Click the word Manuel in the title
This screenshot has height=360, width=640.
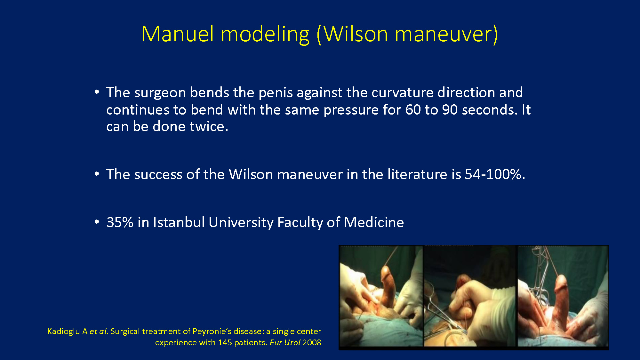[x=178, y=34]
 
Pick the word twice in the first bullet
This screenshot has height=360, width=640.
[x=209, y=126]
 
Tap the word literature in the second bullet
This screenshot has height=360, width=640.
[x=417, y=174]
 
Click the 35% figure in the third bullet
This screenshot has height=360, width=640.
[x=120, y=222]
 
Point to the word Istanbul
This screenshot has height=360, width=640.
[x=179, y=222]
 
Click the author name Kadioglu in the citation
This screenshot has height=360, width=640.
[x=63, y=332]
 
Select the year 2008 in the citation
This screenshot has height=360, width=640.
[x=312, y=343]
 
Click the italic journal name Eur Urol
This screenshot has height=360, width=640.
[x=285, y=343]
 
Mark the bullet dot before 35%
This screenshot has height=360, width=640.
[x=97, y=222]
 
